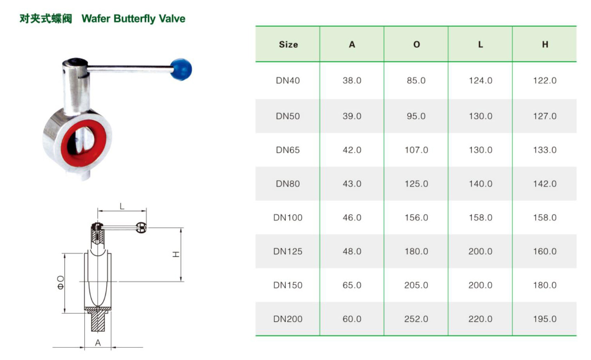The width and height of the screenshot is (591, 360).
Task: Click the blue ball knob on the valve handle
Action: coord(181,69)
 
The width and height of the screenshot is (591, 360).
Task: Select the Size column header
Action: coord(288,44)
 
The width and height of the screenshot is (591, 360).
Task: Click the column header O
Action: coord(416,44)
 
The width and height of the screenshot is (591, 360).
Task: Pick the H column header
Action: coord(545,44)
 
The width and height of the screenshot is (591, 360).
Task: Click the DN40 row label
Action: coord(288,81)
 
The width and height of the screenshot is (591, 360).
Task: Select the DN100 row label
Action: coord(288,218)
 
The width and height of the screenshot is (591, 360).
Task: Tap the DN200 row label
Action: coord(288,319)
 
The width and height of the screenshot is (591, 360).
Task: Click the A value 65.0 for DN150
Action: coord(352,285)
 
